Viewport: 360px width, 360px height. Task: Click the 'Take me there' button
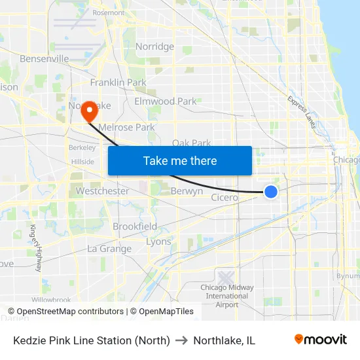(180, 160)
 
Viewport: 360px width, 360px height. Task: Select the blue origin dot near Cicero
(271, 191)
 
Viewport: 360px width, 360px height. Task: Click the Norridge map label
(154, 46)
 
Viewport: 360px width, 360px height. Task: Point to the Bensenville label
(45, 59)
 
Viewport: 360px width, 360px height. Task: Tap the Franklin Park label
(118, 82)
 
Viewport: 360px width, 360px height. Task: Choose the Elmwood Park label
(165, 101)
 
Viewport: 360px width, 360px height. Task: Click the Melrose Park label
(126, 127)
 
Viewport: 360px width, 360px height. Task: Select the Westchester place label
(102, 191)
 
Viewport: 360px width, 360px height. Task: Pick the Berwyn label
(187, 192)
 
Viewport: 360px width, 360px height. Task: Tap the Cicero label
(225, 197)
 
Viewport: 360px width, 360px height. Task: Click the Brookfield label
(135, 226)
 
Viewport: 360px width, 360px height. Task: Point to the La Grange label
(109, 249)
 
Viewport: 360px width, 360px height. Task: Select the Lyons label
(158, 242)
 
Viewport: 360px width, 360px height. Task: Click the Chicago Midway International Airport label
(226, 296)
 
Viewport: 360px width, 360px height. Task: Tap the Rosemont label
(108, 12)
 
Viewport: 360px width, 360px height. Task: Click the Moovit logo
(320, 340)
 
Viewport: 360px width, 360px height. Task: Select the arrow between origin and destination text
(181, 340)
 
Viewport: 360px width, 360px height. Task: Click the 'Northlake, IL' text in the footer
(224, 340)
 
